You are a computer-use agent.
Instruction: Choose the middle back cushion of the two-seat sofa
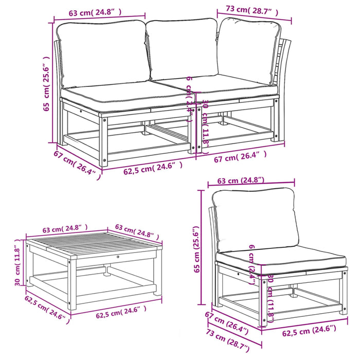coord(183,50)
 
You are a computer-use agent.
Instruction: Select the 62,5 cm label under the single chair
coord(309,329)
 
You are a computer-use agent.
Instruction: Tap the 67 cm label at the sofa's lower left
coord(76,163)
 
